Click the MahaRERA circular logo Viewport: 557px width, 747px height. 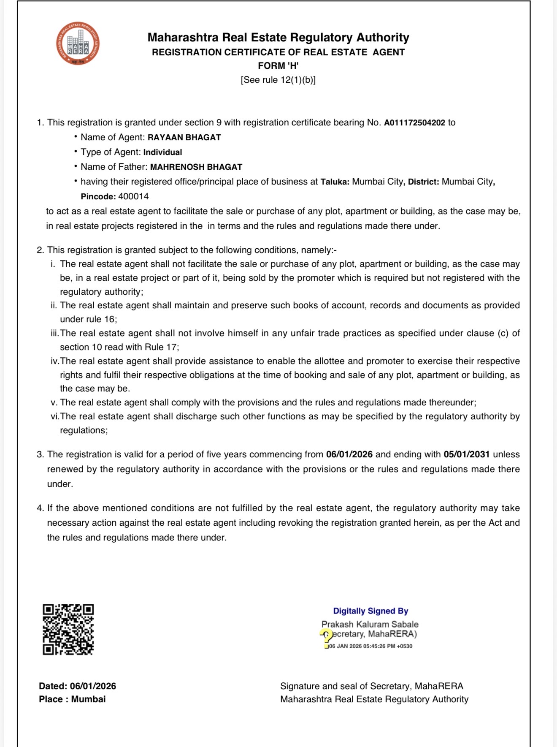tap(78, 43)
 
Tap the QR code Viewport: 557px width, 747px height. tap(68, 630)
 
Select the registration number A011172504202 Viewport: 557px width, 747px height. tap(414, 123)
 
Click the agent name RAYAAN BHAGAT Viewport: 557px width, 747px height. tap(184, 138)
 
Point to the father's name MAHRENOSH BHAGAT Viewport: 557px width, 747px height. tap(196, 167)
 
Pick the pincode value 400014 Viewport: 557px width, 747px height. tap(133, 197)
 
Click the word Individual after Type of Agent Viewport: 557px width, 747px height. tap(162, 152)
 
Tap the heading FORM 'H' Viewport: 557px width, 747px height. tap(278, 66)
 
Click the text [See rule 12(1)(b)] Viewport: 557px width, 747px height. tap(278, 80)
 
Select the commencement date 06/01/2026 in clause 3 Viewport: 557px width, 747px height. tap(349, 455)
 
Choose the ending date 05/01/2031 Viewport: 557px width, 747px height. tap(466, 455)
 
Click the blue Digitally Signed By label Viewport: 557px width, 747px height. tap(370, 611)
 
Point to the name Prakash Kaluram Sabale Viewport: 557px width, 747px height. tap(370, 624)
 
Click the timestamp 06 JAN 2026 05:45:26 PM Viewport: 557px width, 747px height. tap(370, 646)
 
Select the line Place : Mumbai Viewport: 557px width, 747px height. tap(72, 699)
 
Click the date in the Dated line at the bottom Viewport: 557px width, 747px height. tap(93, 686)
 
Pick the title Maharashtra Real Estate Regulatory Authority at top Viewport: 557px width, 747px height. tap(278, 38)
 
